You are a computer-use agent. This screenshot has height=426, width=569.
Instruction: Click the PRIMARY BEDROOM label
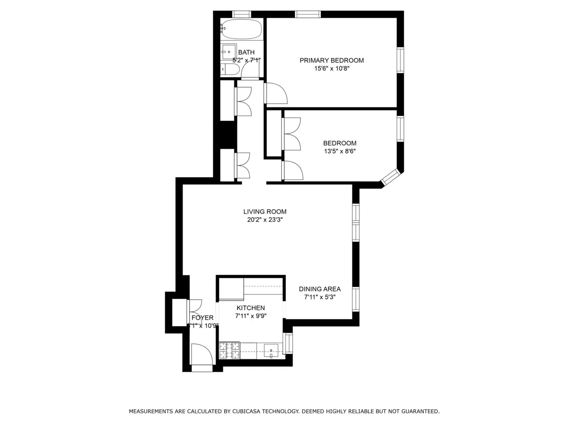331,60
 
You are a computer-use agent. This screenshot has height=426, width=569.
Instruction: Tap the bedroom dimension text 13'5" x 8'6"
340,151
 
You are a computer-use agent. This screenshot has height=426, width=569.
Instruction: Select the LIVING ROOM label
265,212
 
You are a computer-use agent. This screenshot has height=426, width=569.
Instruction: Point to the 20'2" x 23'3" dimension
265,220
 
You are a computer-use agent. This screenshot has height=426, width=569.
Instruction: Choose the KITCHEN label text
250,308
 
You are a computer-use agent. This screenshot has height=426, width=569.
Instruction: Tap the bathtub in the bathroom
241,30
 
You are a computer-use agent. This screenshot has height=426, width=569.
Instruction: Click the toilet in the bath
230,70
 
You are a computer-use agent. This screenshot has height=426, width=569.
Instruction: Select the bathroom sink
229,52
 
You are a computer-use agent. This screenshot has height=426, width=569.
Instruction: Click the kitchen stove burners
229,350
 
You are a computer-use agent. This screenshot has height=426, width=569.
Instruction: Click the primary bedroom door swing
276,93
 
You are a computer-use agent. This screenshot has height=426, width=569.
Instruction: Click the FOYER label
202,318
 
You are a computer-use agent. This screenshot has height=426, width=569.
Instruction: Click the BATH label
246,52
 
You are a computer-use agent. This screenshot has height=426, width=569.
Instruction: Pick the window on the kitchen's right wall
288,344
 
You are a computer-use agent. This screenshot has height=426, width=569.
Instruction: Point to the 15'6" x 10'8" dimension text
331,68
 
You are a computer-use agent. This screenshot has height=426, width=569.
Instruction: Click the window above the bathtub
241,14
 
